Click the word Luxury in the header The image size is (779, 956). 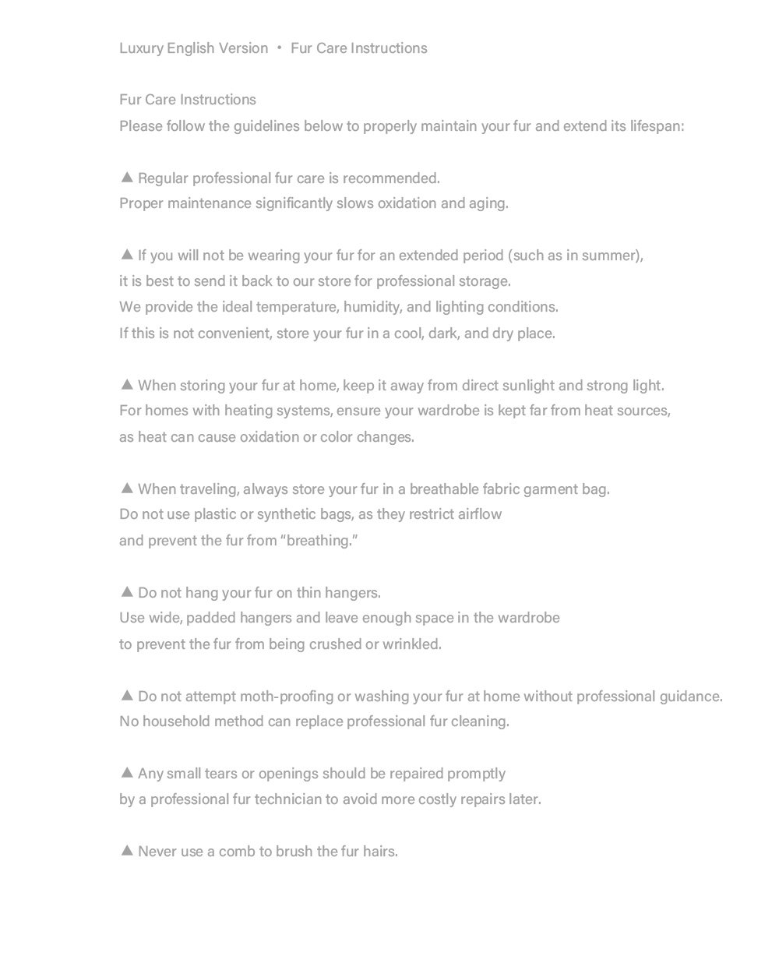pyautogui.click(x=141, y=48)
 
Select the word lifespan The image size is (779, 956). pyautogui.click(x=656, y=126)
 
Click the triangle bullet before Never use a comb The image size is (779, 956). pyautogui.click(x=128, y=851)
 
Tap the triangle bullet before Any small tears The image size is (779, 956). pyautogui.click(x=128, y=773)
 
